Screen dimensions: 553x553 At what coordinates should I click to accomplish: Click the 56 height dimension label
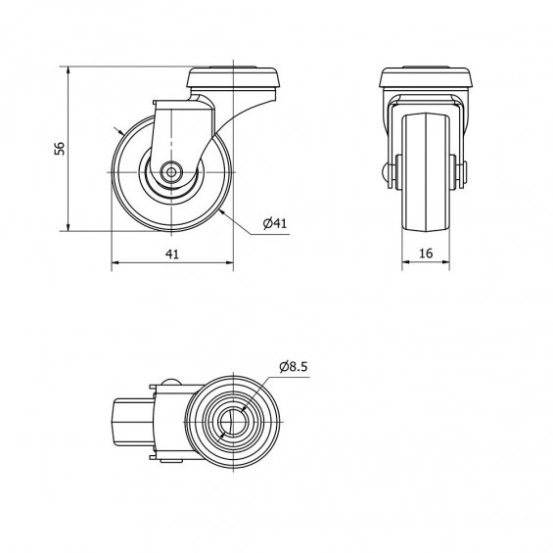tap(60, 148)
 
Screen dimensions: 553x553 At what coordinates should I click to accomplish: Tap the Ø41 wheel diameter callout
tap(275, 223)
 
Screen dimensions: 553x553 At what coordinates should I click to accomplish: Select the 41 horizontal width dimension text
tap(172, 253)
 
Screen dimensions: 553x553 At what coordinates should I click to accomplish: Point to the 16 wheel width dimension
tap(426, 253)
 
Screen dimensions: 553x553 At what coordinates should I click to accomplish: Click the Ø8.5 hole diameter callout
tap(294, 366)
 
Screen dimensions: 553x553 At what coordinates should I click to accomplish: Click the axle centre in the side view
tap(171, 172)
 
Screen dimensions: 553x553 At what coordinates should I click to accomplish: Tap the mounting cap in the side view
tap(234, 78)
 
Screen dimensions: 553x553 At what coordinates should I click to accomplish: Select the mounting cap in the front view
tap(426, 77)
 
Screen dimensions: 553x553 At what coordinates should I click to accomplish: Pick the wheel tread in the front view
tap(426, 172)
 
